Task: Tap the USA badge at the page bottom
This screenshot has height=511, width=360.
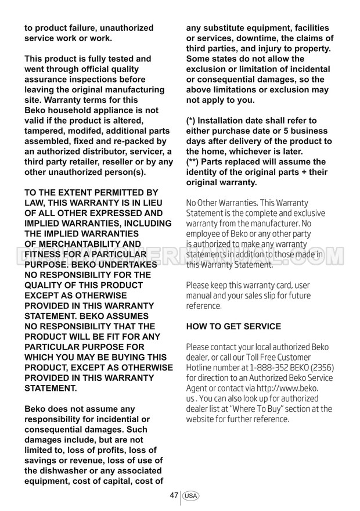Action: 191,496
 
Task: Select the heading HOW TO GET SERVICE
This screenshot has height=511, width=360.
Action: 233,326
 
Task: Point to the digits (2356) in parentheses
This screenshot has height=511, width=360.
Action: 318,368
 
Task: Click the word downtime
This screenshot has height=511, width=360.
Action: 255,38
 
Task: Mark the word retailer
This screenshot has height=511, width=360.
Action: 90,162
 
